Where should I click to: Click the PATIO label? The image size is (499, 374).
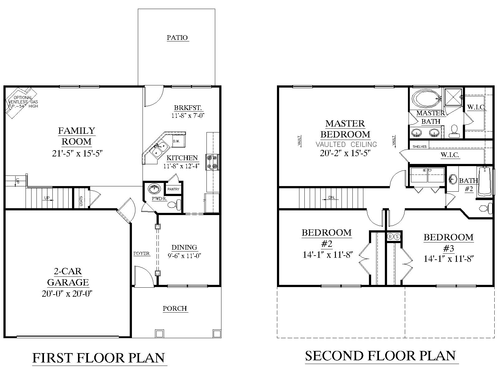[177, 38]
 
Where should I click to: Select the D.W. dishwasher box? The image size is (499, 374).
[176, 141]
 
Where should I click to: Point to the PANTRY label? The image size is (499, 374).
[173, 189]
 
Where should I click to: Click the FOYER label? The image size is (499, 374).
[142, 253]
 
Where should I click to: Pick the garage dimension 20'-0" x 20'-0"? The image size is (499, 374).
[67, 294]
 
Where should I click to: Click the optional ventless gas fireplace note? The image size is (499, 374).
[22, 102]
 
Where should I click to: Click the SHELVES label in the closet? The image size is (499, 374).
[419, 146]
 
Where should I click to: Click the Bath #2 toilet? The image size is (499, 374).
[486, 208]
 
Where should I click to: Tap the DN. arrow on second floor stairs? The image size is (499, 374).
[331, 198]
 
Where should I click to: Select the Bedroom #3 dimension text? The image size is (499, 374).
[448, 259]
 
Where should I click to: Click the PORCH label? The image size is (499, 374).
[175, 309]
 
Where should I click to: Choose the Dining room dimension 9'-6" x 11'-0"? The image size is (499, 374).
[184, 256]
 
